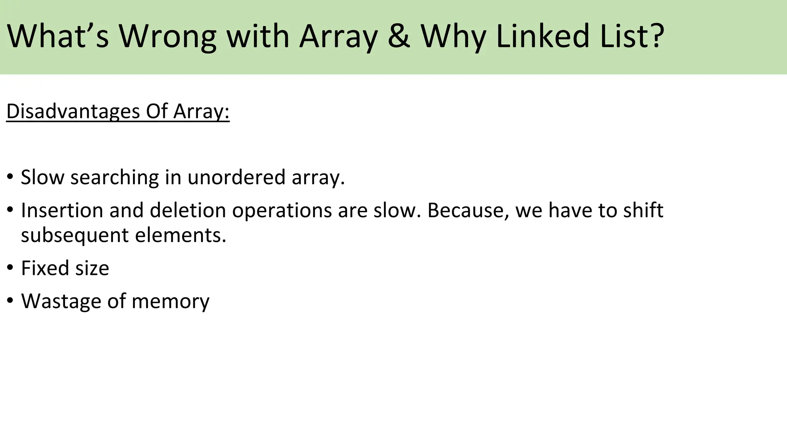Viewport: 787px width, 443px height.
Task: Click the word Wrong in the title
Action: [167, 37]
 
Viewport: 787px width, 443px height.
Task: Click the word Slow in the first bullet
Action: [42, 177]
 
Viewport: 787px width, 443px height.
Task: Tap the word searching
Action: [115, 178]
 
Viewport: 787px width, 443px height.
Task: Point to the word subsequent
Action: [75, 236]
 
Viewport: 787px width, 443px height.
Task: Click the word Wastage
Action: [61, 301]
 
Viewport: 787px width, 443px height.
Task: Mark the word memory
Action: [170, 301]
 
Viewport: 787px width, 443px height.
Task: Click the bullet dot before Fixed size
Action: [10, 267]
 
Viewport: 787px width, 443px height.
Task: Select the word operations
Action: [282, 211]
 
